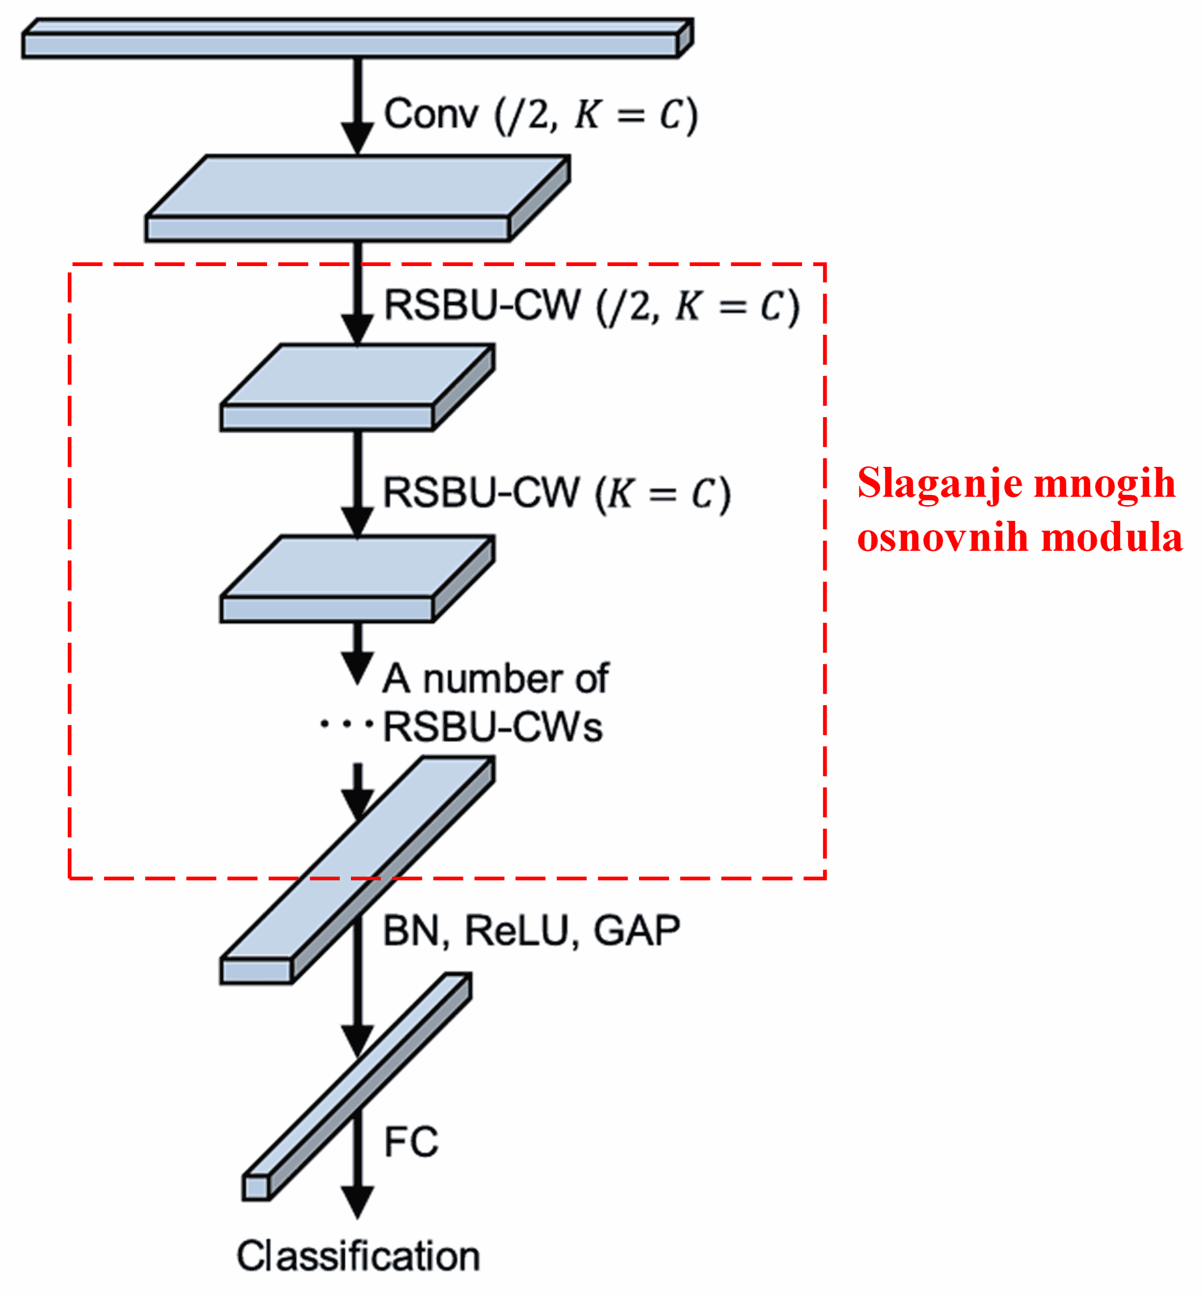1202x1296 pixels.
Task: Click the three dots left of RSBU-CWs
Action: (347, 724)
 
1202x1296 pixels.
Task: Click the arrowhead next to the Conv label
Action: (357, 137)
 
